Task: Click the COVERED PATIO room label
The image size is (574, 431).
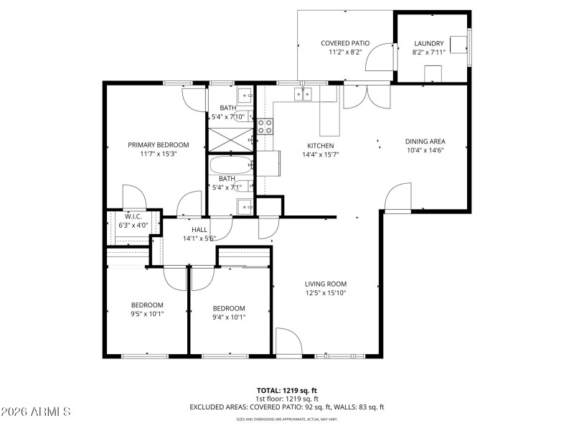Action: (344, 43)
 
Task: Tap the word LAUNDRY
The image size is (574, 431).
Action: (429, 43)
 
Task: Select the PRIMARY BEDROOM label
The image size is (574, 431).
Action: (158, 144)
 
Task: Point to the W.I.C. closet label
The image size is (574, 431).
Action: (133, 216)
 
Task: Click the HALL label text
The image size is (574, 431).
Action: (199, 229)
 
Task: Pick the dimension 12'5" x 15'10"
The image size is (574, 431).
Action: (326, 293)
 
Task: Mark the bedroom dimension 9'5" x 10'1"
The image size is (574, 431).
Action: (147, 313)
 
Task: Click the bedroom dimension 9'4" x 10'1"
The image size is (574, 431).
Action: (229, 317)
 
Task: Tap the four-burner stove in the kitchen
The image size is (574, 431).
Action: (265, 126)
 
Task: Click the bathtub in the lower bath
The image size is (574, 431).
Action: (230, 167)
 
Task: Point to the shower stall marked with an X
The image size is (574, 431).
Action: (230, 139)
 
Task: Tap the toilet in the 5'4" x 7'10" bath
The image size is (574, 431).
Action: (241, 115)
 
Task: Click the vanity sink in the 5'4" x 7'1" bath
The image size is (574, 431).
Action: (245, 208)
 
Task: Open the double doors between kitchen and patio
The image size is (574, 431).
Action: (367, 96)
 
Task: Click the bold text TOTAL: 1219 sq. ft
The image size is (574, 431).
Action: (286, 390)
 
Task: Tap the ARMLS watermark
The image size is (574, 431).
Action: (36, 412)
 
